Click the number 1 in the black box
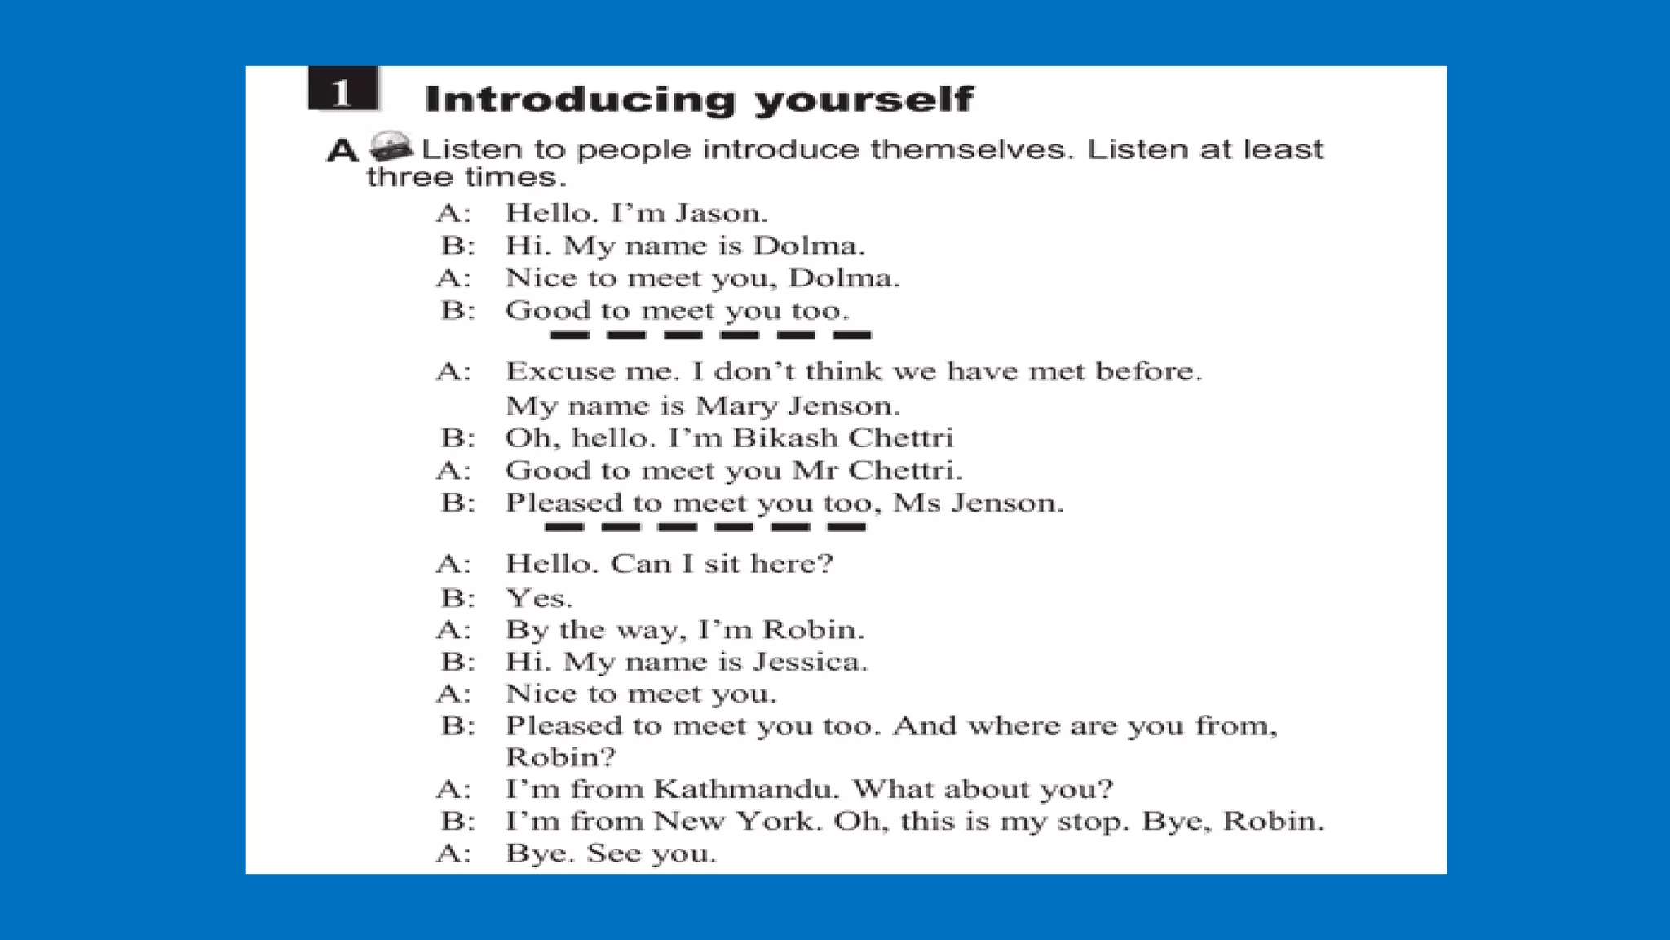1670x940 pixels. pos(342,91)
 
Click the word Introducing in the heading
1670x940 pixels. pos(580,100)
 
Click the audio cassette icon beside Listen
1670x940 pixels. pos(391,147)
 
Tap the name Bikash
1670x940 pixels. pos(785,438)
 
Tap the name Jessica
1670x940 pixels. pos(810,661)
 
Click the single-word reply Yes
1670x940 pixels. pos(539,598)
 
